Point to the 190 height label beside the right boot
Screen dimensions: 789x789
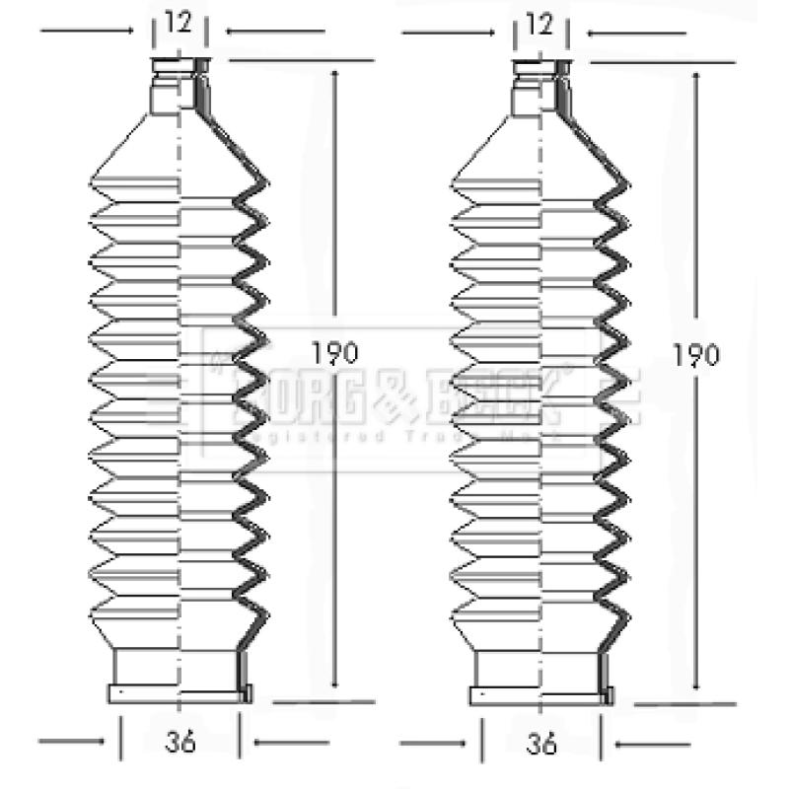point(696,353)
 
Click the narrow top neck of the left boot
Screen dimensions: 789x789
point(179,87)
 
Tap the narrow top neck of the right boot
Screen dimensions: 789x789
point(540,87)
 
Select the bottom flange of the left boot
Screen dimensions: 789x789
point(179,694)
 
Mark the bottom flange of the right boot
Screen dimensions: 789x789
point(540,694)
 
